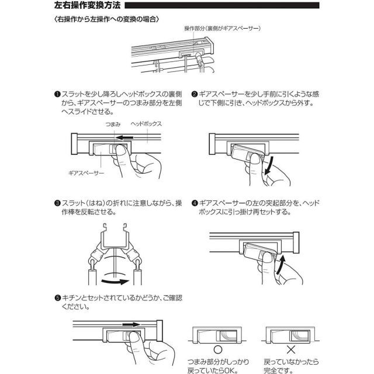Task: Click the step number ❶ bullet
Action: [57, 94]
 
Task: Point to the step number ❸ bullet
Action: [57, 203]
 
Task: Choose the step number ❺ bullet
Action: [57, 298]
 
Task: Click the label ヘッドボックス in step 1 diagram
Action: [146, 125]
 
